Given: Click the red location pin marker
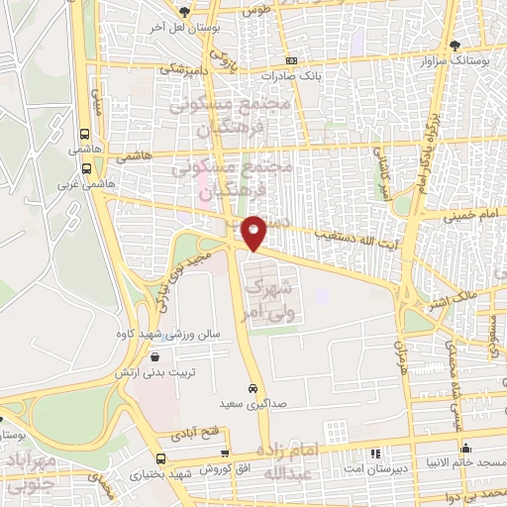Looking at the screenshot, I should click(253, 233).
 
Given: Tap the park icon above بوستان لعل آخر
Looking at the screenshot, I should click(184, 11).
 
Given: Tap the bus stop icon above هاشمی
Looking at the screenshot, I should click(85, 133).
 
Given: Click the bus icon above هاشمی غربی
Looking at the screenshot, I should click(85, 168).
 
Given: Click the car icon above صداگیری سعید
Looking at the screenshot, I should click(253, 387).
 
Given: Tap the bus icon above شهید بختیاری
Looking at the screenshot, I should click(161, 458).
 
